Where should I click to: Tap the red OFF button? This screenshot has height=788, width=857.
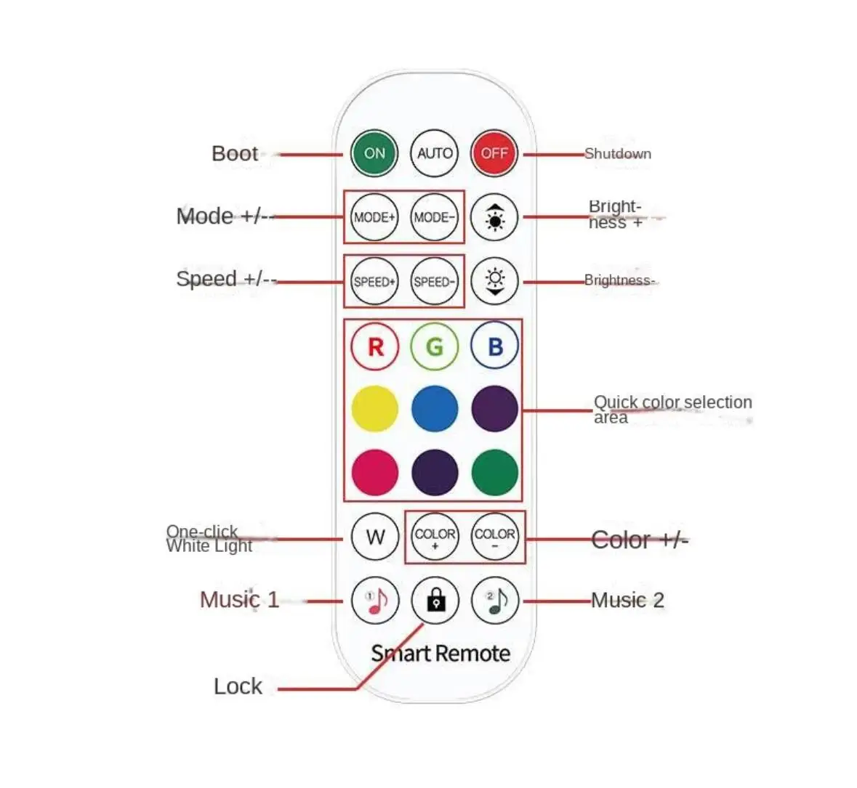[x=494, y=153]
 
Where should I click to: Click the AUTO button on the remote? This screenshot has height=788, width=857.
[x=435, y=153]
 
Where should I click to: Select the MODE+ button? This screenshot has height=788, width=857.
[x=374, y=217]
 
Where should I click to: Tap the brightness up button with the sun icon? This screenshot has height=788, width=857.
[x=494, y=217]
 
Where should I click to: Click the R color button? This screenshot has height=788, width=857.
[x=374, y=346]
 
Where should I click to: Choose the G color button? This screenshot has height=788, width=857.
[x=435, y=346]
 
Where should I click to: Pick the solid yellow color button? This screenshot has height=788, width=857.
[x=374, y=409]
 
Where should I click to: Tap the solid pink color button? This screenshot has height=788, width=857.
[x=374, y=472]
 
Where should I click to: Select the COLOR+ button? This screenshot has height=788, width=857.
[x=435, y=537]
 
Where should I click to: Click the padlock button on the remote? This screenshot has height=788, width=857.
[x=435, y=601]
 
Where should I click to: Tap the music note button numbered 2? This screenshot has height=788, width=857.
[x=494, y=601]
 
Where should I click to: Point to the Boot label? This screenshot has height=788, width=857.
[x=234, y=154]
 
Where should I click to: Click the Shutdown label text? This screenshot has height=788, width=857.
[x=618, y=154]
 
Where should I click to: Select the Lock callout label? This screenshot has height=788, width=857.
[x=238, y=686]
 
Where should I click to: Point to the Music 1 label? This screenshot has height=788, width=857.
[x=239, y=600]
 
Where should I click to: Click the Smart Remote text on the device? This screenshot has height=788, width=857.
[x=440, y=654]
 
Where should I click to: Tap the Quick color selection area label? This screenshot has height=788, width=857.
[x=672, y=410]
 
